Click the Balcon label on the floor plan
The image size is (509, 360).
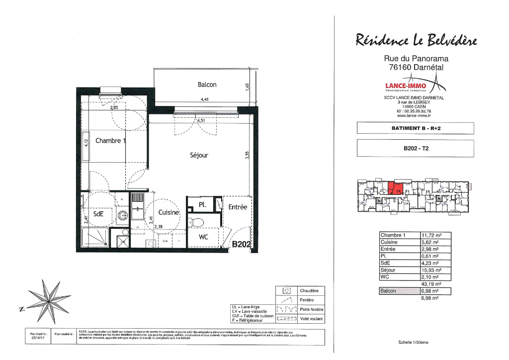tap(207, 85)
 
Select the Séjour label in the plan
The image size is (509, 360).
tap(199, 155)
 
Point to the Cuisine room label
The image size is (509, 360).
tap(168, 212)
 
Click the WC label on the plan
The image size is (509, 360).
tap(203, 237)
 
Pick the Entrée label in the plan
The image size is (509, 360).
tap(237, 207)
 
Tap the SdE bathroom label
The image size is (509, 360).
tap(98, 214)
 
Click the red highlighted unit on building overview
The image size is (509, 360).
tap(394, 188)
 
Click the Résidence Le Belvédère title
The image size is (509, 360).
tap(416, 40)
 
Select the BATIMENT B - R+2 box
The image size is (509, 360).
tap(416, 128)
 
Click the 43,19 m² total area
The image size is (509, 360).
tap(431, 284)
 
